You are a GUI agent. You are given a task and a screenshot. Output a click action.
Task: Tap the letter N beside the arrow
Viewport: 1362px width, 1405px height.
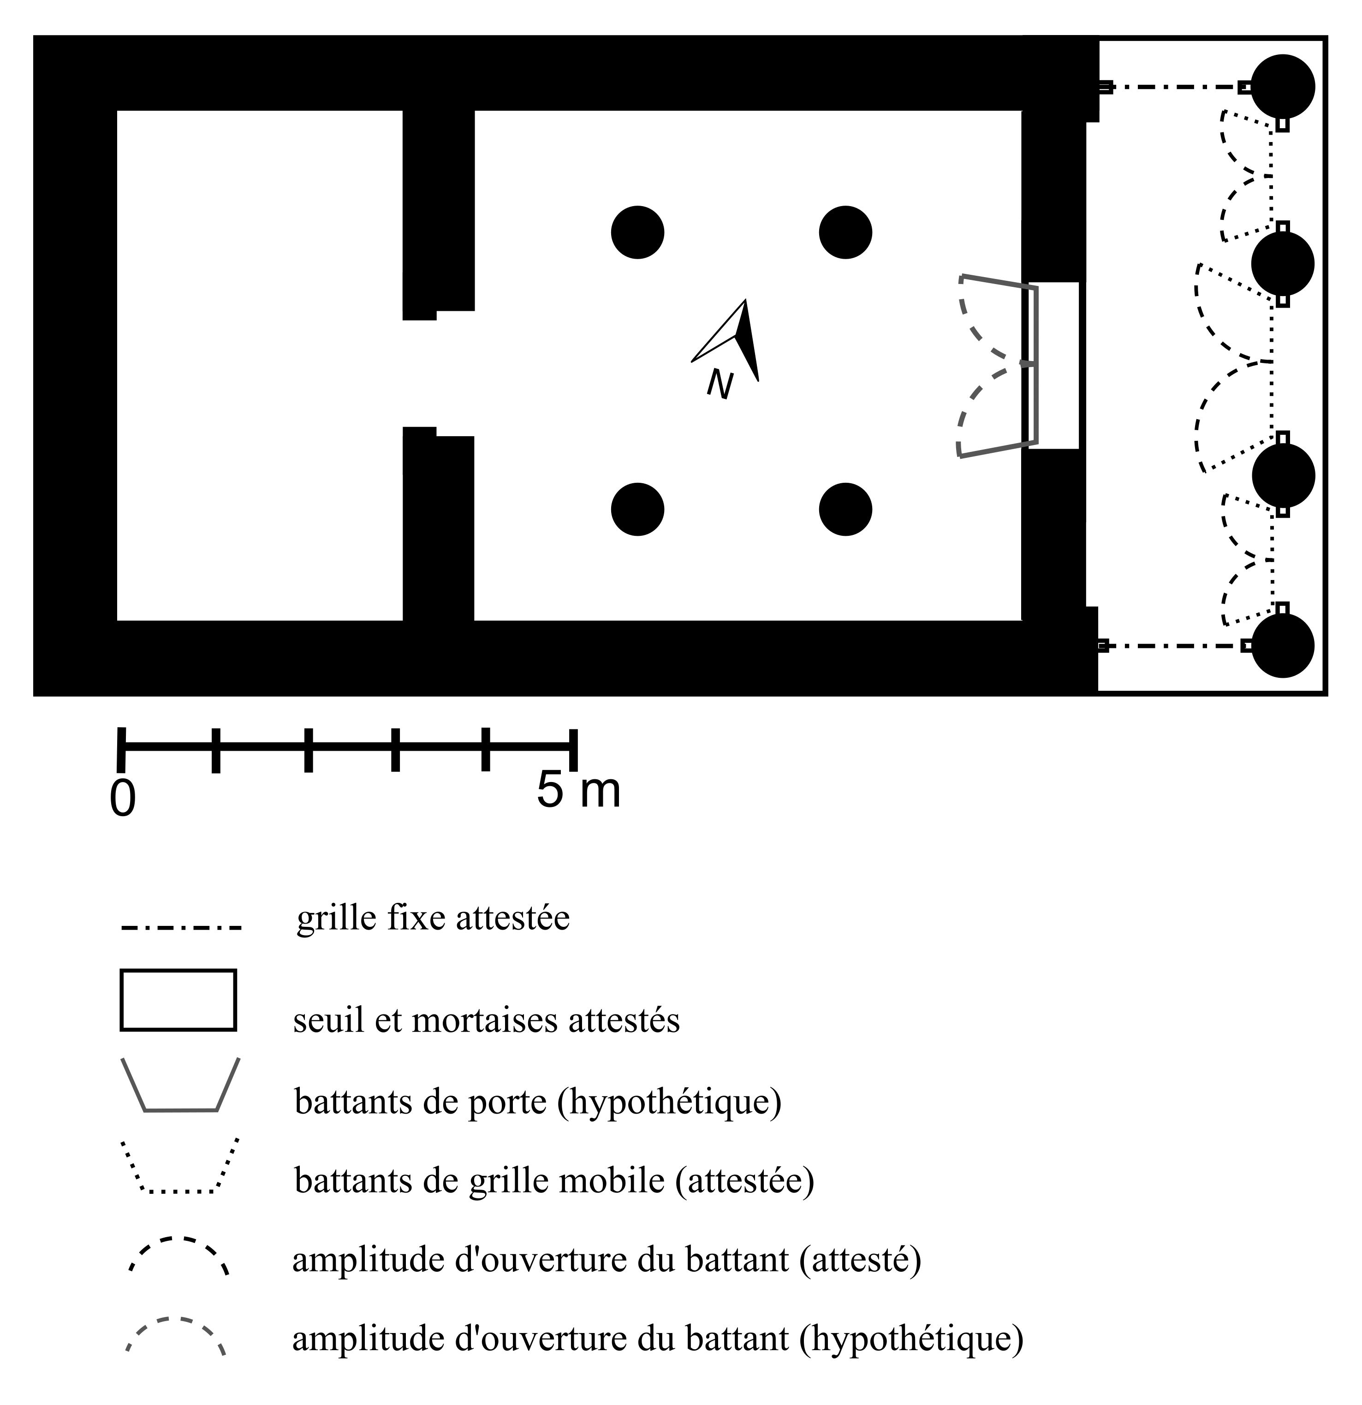(x=720, y=384)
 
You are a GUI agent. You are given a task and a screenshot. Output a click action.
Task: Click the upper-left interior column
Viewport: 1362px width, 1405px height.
(x=637, y=232)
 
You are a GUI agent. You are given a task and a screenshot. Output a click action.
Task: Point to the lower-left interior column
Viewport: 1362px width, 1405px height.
(x=637, y=509)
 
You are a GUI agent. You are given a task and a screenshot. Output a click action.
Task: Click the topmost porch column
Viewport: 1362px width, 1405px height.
(x=1283, y=87)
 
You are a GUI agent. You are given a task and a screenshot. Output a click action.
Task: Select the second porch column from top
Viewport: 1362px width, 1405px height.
(x=1283, y=264)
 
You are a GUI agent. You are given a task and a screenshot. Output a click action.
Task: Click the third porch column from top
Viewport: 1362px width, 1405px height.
(x=1283, y=475)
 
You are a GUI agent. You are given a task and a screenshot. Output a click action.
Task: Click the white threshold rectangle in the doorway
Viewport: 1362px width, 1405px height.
(x=1054, y=366)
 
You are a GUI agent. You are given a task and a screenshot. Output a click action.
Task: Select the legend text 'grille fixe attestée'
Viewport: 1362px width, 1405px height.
(x=433, y=919)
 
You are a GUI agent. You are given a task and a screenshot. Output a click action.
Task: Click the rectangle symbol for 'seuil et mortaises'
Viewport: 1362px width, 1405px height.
(x=178, y=1001)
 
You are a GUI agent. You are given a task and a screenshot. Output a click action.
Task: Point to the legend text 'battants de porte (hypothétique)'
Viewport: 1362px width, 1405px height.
(x=538, y=1101)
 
